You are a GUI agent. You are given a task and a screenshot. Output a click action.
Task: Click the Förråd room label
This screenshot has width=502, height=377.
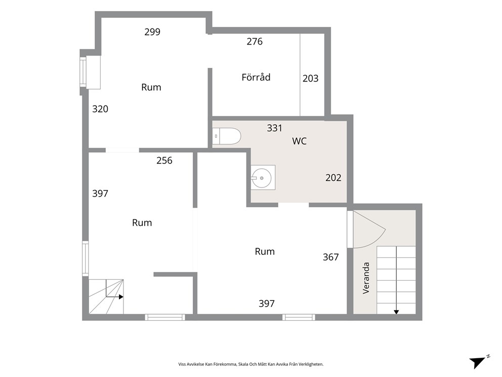[x=256, y=77]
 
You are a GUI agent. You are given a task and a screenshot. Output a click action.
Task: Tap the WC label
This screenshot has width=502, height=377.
[x=300, y=141]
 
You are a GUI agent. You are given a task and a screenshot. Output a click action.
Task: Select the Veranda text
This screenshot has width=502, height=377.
[x=366, y=278]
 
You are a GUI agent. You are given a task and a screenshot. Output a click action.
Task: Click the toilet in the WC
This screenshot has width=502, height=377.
[x=226, y=136]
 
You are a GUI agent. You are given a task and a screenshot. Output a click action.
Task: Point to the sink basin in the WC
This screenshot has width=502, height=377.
[x=262, y=177]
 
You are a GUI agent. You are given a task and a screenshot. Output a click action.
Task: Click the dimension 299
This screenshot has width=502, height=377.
[x=152, y=32]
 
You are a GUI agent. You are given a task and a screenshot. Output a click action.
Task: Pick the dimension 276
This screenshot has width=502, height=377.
[x=255, y=42]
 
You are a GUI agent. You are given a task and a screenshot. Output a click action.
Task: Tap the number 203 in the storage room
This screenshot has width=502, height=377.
[x=311, y=79]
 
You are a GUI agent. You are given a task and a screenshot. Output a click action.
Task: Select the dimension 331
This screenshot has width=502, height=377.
[x=275, y=128]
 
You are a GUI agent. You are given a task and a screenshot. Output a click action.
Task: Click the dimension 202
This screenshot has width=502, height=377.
[x=333, y=178]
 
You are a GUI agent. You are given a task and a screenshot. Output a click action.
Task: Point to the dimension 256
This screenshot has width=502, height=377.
[x=164, y=161]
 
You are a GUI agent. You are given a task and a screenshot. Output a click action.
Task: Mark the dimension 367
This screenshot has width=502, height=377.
[x=331, y=257]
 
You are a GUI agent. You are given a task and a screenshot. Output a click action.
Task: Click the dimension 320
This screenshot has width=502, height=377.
[x=100, y=109]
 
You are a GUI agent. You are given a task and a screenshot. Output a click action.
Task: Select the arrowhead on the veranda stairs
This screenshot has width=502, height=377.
[x=396, y=312]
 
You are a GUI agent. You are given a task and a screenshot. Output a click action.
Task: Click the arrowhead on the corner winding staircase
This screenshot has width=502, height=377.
[x=121, y=297]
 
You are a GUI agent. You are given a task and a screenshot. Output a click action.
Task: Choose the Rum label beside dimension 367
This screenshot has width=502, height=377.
[x=265, y=252]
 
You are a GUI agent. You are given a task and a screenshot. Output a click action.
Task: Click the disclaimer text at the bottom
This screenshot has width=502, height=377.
[x=251, y=364]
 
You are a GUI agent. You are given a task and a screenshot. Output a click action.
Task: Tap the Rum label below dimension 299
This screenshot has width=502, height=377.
[x=151, y=88]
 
